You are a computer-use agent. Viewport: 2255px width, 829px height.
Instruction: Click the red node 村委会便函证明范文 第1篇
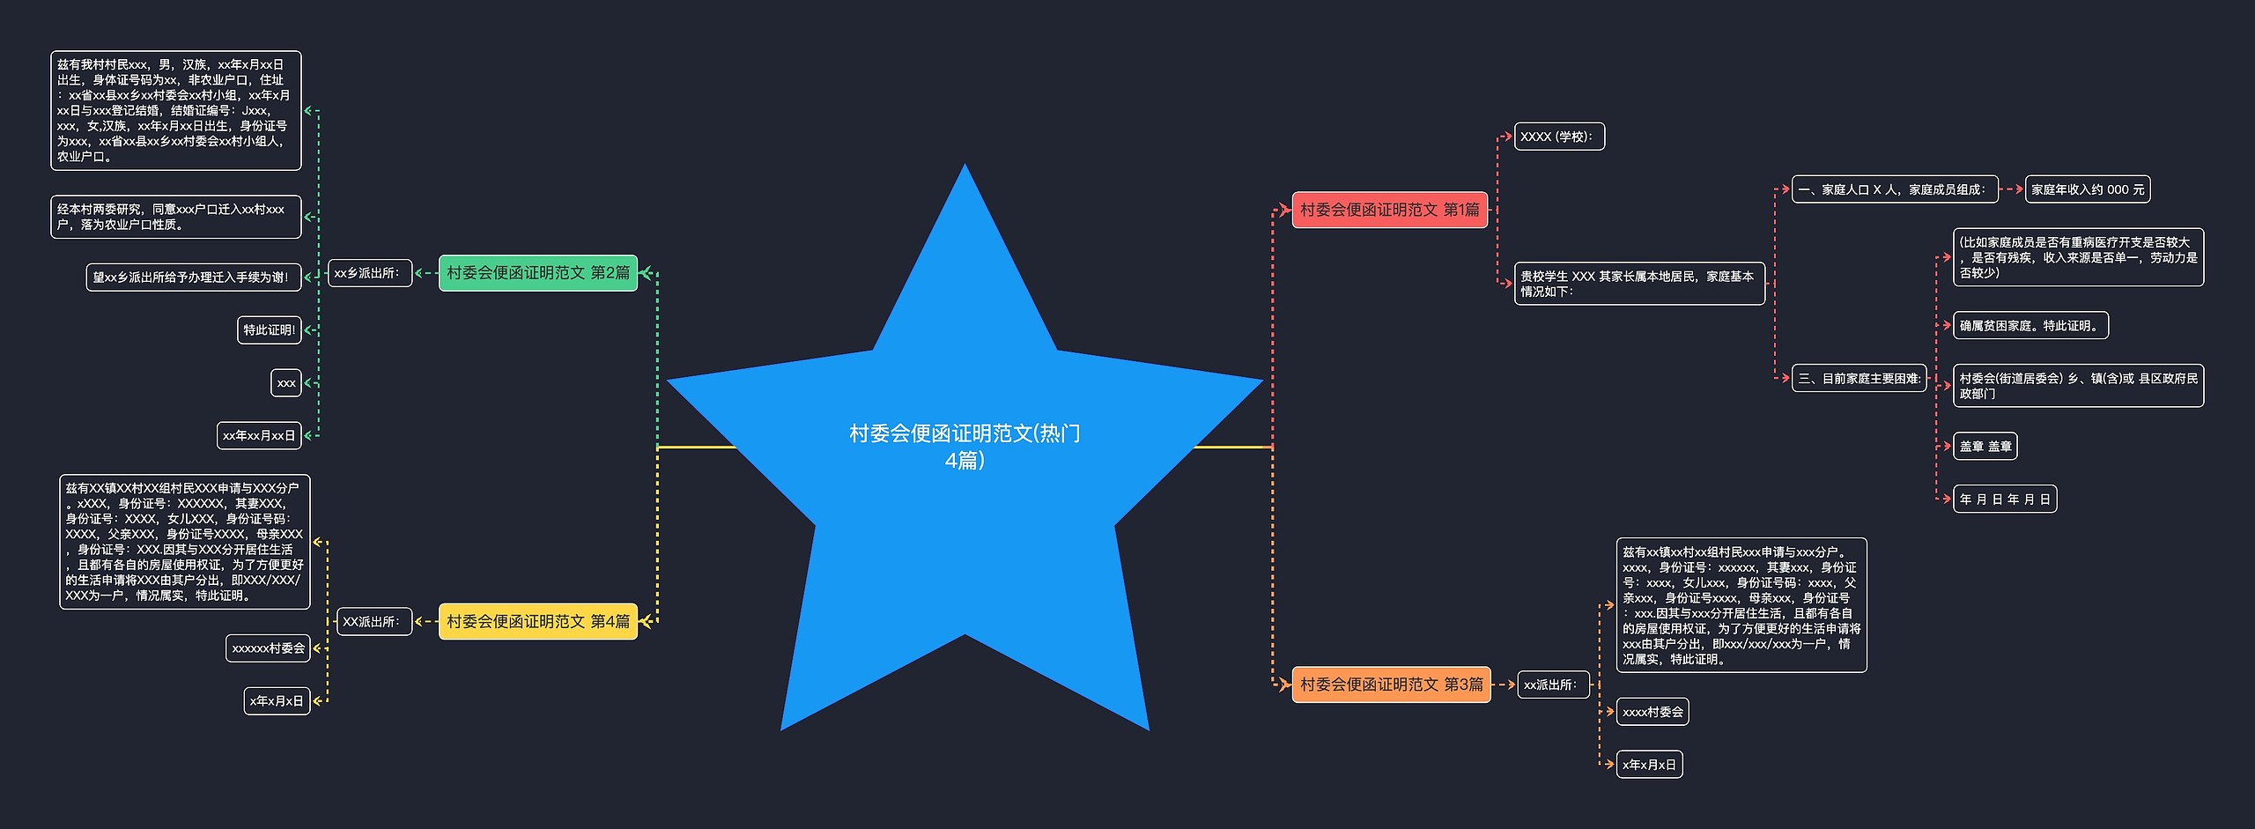click(1389, 210)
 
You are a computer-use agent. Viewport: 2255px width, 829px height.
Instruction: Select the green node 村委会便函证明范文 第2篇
click(537, 273)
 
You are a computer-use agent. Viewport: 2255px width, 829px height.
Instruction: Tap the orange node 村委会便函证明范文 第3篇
click(1391, 685)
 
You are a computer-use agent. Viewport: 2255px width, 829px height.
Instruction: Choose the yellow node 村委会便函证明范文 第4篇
click(537, 622)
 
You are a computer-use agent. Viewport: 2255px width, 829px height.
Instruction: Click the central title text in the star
click(965, 446)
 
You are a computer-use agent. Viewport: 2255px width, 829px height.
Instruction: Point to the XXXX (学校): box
click(1558, 137)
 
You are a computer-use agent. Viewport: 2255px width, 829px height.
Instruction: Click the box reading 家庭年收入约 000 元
click(2087, 189)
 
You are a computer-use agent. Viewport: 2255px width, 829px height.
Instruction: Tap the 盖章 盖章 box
click(1985, 447)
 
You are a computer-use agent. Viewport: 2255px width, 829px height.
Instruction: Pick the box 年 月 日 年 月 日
click(2004, 500)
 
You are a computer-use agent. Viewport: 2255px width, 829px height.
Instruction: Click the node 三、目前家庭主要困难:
click(1859, 378)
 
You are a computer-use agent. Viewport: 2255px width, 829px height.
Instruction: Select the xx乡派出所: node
click(369, 273)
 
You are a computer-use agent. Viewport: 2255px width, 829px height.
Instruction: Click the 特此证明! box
click(269, 330)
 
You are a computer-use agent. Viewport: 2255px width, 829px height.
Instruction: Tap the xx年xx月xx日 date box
click(259, 435)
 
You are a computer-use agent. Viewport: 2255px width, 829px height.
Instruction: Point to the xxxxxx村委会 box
click(268, 648)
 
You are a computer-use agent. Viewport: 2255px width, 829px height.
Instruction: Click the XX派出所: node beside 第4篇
click(373, 622)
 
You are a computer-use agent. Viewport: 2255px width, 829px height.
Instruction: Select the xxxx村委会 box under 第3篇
click(1652, 712)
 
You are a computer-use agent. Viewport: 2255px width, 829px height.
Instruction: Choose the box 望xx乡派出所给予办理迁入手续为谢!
click(193, 278)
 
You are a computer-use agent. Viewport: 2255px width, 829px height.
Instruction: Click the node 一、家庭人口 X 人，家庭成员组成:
click(1895, 189)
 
